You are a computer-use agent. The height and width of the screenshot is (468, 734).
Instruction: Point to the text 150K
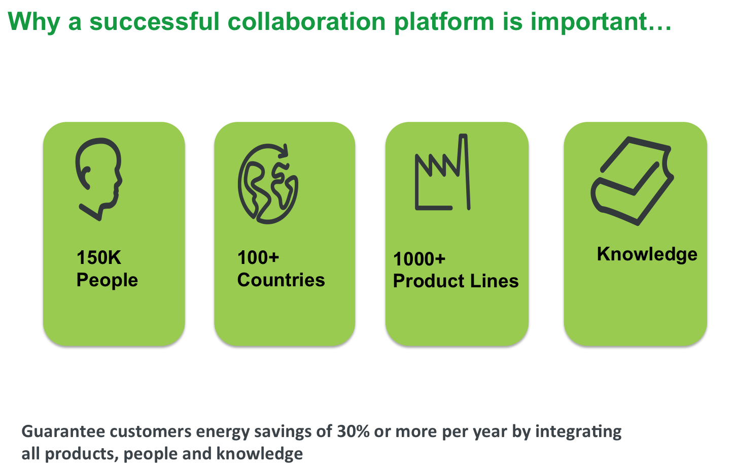point(98,257)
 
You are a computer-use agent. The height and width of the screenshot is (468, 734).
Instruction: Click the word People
point(107,280)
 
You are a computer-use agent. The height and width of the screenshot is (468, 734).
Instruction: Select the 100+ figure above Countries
point(258,257)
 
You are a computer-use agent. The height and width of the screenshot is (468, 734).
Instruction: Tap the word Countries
point(281,280)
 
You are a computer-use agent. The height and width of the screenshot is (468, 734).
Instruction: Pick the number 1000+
point(419,259)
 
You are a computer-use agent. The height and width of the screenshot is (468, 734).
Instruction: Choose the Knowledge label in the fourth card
point(647,254)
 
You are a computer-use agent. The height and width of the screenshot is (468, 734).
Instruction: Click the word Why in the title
point(34,22)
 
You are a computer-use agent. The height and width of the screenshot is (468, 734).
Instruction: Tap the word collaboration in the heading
point(306,22)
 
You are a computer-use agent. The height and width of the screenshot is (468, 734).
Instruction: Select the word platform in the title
point(444,22)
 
